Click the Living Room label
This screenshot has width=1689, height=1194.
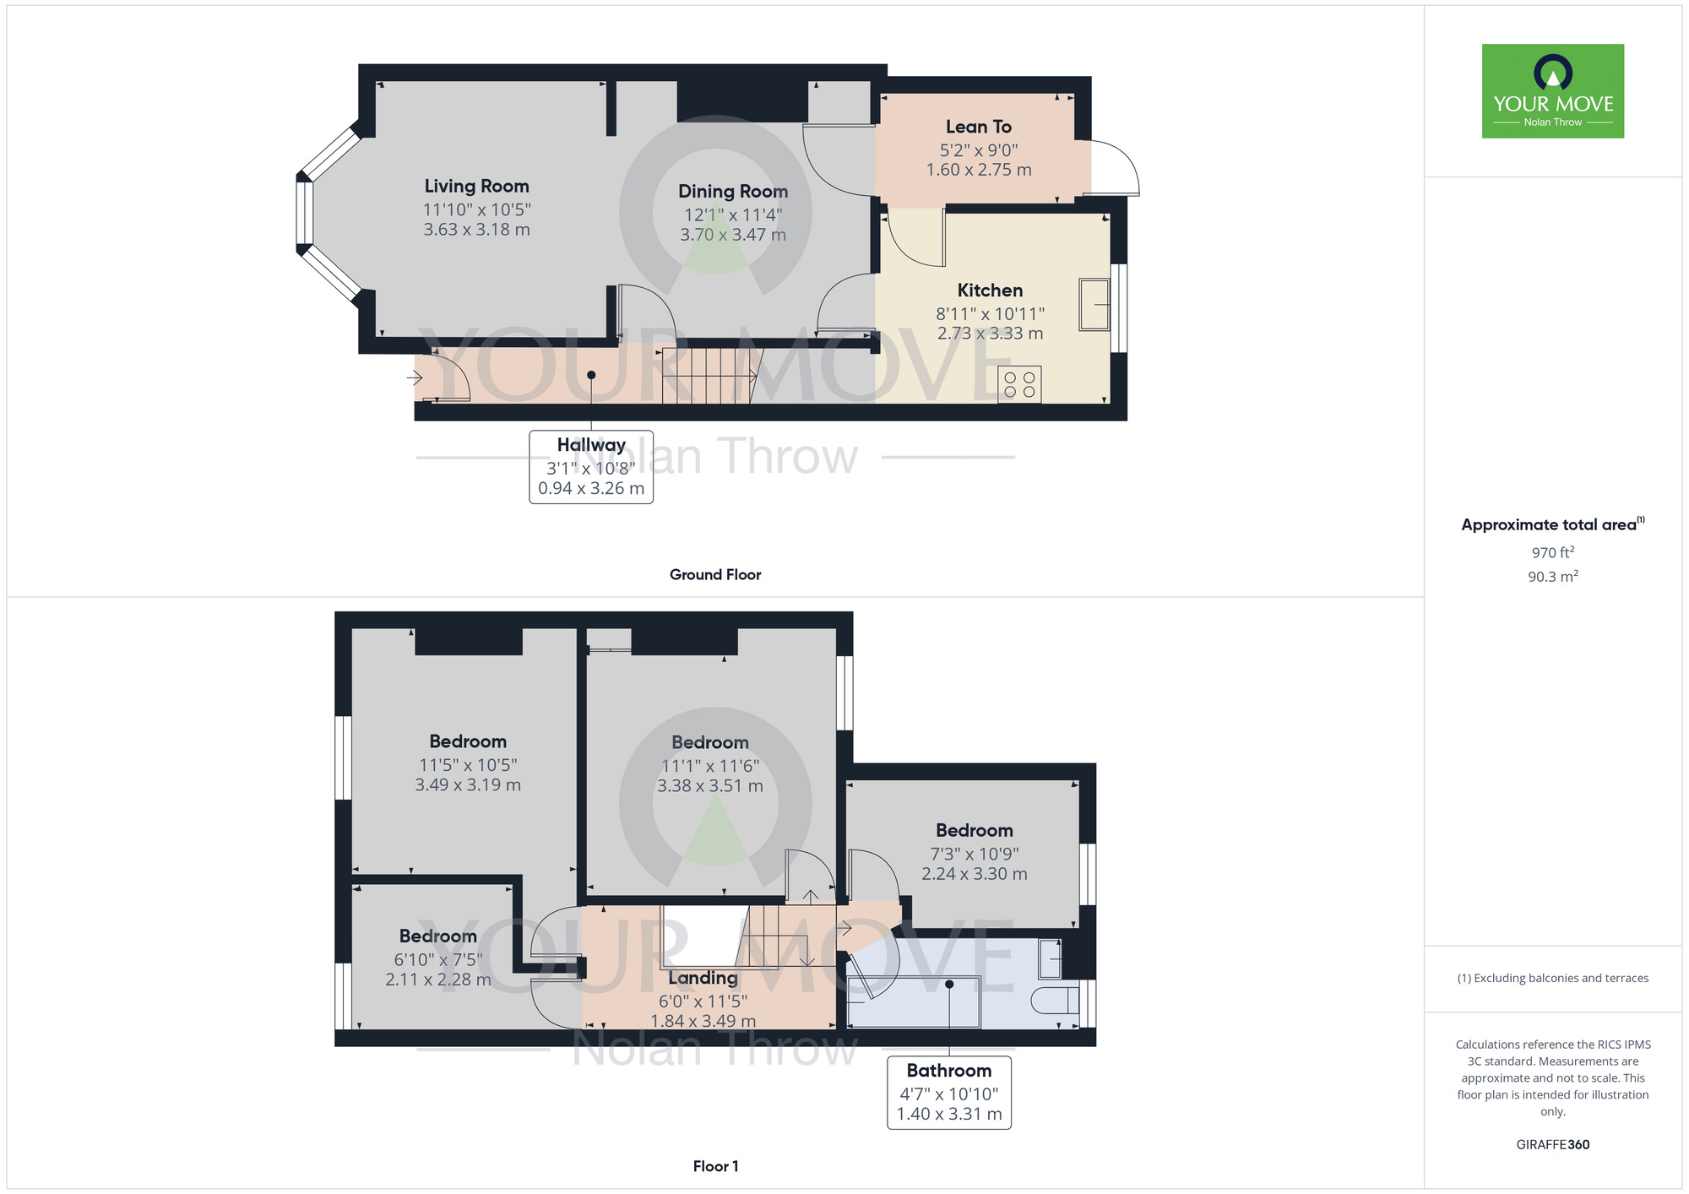click(476, 186)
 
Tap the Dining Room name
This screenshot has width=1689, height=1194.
click(733, 192)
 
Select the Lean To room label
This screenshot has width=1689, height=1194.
click(979, 127)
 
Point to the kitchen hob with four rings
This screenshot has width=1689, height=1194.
click(1019, 384)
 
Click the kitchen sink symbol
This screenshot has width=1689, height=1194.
click(1094, 304)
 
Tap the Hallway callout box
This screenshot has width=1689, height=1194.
click(591, 467)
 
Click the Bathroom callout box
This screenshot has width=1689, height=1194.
click(949, 1093)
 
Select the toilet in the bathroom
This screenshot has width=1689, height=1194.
click(1056, 1000)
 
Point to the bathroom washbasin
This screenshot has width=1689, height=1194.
click(1050, 958)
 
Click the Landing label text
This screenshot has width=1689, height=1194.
click(703, 978)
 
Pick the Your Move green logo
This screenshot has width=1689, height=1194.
click(1553, 91)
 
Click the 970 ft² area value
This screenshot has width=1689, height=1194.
click(1553, 552)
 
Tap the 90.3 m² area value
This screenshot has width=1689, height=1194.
click(1553, 576)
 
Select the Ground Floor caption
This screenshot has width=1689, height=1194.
click(715, 574)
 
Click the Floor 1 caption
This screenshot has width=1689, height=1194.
click(715, 1166)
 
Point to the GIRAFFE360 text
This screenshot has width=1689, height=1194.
click(1553, 1145)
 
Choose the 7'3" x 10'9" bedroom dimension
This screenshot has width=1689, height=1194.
click(975, 854)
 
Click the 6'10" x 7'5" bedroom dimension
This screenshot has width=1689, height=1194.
click(438, 959)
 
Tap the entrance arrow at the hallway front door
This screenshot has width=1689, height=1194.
click(414, 377)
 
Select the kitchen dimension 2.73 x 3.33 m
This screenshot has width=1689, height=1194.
click(990, 334)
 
